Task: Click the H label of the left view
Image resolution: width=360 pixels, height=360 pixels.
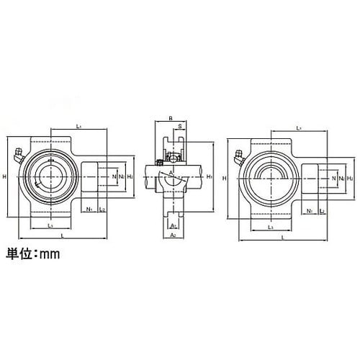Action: tap(5, 177)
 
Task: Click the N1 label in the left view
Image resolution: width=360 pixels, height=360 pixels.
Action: tap(89, 210)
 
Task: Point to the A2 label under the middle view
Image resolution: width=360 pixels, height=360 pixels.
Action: tap(173, 235)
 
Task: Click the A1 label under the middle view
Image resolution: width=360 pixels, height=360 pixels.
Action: tap(173, 225)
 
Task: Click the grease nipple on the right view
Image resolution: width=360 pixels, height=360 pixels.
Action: tap(238, 154)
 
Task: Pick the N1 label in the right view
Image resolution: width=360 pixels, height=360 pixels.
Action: tap(309, 210)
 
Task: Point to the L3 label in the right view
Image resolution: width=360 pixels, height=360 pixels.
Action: tap(270, 227)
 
